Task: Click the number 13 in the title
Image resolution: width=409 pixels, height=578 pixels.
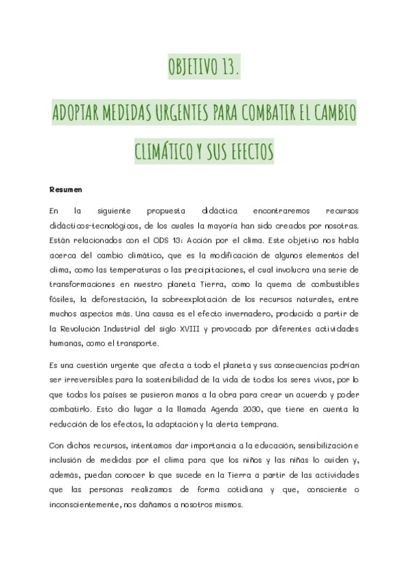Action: (228, 68)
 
